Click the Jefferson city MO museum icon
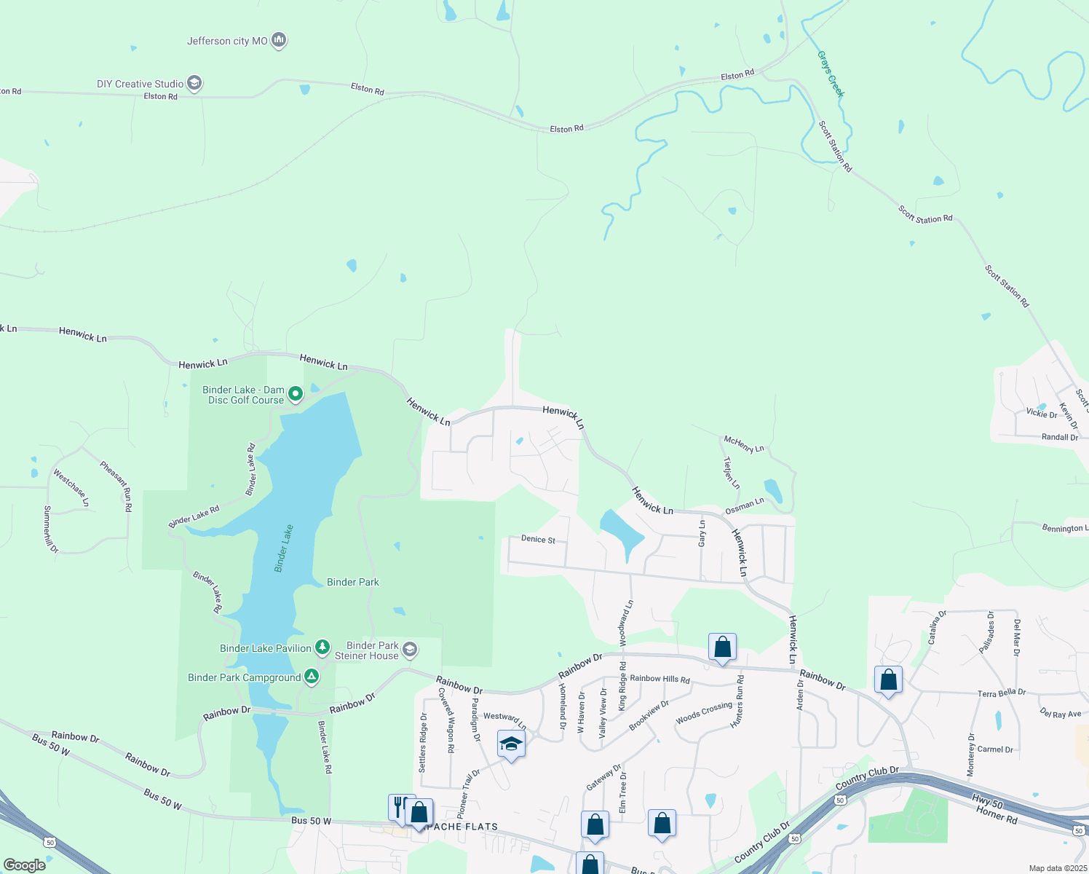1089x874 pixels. point(278,41)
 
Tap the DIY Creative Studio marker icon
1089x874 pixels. point(194,84)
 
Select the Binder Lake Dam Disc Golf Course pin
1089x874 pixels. point(296,395)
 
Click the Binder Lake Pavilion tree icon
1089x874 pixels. point(322,647)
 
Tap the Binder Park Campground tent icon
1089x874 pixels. point(311,677)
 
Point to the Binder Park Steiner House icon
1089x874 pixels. point(409,650)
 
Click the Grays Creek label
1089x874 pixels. point(831,74)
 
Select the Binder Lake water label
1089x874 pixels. point(284,548)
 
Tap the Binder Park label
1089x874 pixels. point(353,582)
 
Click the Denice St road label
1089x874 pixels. point(538,540)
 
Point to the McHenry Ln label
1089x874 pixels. point(744,444)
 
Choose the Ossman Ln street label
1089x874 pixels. point(744,505)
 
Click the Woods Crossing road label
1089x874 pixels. point(703,713)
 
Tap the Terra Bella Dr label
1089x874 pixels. point(1001,693)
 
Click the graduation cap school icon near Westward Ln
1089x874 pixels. point(511,744)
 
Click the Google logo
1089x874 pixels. point(25,865)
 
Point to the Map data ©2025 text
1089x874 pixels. point(1057,868)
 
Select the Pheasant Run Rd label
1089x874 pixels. point(116,487)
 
